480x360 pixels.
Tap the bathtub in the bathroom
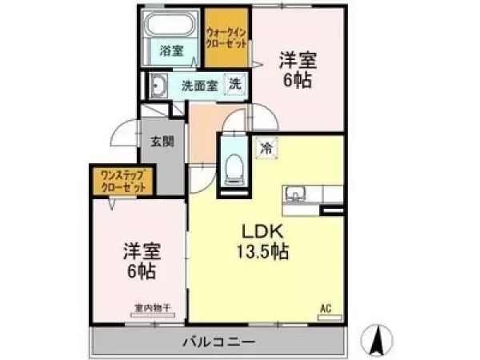point(170,24)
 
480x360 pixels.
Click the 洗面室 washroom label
point(198,84)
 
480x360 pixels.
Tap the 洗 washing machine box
point(235,83)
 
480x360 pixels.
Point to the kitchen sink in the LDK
point(294,194)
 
